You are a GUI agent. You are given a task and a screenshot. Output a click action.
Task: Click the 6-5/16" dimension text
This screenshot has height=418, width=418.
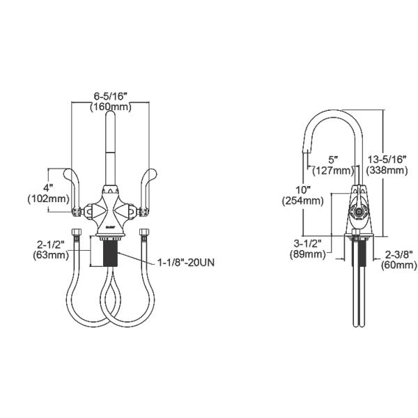click(x=109, y=96)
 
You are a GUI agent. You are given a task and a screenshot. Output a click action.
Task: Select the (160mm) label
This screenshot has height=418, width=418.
click(x=111, y=107)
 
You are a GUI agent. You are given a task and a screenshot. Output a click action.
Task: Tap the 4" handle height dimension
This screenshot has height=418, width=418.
click(x=49, y=188)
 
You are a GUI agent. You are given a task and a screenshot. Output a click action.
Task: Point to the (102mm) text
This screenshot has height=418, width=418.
click(x=49, y=199)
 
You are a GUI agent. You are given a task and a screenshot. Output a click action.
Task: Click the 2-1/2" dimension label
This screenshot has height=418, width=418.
click(x=51, y=245)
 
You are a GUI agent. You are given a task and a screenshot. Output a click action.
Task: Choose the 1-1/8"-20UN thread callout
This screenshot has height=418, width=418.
click(x=186, y=263)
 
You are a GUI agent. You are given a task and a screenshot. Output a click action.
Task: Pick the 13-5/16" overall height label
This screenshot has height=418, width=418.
click(x=387, y=160)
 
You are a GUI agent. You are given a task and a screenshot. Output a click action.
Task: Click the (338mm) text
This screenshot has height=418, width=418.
click(x=387, y=170)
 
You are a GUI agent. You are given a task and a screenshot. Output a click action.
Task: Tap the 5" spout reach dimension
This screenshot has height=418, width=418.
click(x=333, y=160)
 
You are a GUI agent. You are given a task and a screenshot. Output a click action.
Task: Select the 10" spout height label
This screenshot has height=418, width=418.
click(x=303, y=190)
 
